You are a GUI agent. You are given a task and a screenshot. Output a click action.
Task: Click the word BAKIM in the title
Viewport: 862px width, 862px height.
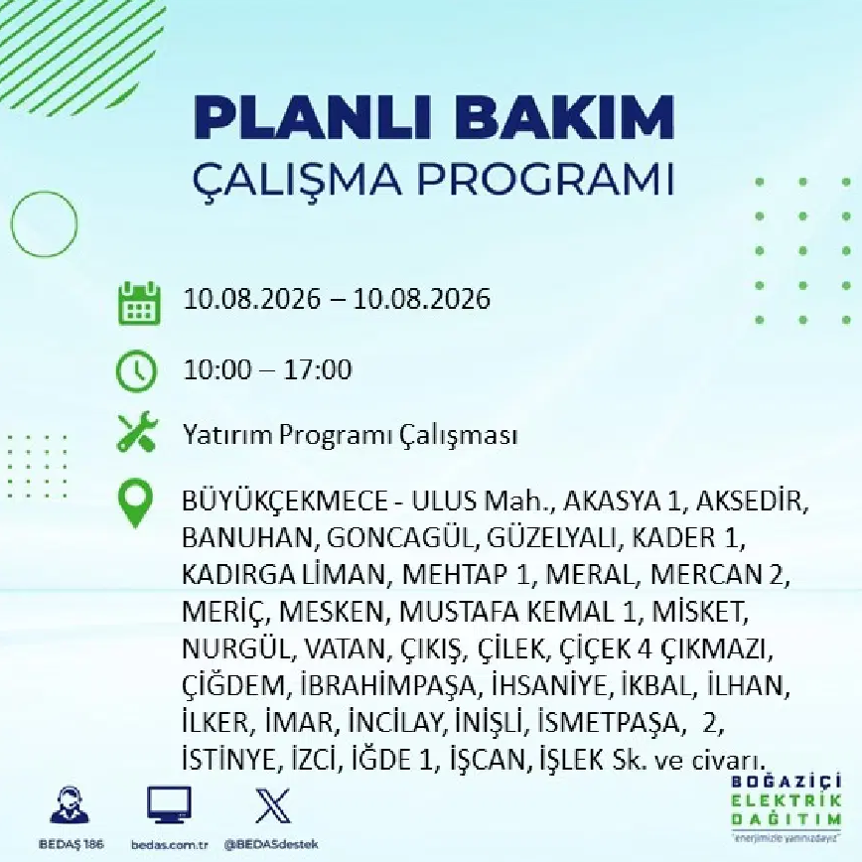click(x=565, y=117)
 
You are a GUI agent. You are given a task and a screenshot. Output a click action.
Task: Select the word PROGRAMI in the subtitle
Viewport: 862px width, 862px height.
click(x=546, y=178)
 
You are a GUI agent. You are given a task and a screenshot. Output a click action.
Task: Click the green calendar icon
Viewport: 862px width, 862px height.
click(x=140, y=303)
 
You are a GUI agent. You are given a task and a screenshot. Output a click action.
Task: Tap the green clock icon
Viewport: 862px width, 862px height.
click(x=136, y=370)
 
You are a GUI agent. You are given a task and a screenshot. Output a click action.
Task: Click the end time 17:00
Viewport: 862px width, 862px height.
click(x=317, y=369)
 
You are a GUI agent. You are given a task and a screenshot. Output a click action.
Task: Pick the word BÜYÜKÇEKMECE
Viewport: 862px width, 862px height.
click(x=285, y=502)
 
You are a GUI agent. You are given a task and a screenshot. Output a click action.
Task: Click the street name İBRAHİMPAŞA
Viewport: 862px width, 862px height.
click(x=388, y=686)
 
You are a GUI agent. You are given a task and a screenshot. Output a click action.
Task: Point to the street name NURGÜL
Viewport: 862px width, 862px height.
click(x=235, y=649)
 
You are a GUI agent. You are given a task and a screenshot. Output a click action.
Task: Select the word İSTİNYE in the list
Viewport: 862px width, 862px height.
click(x=228, y=759)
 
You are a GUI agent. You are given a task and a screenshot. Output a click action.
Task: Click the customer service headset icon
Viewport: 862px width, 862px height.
click(x=70, y=805)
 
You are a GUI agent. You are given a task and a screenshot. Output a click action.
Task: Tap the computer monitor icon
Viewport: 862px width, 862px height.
click(x=169, y=804)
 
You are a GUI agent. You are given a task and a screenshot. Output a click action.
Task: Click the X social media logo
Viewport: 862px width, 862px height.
click(x=273, y=805)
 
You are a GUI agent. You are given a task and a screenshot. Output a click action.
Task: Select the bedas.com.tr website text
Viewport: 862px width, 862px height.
click(x=170, y=845)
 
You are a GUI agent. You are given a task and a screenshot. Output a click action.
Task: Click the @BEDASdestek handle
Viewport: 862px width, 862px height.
click(x=271, y=844)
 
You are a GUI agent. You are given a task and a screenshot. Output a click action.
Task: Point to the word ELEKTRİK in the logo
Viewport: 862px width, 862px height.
click(x=787, y=801)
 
